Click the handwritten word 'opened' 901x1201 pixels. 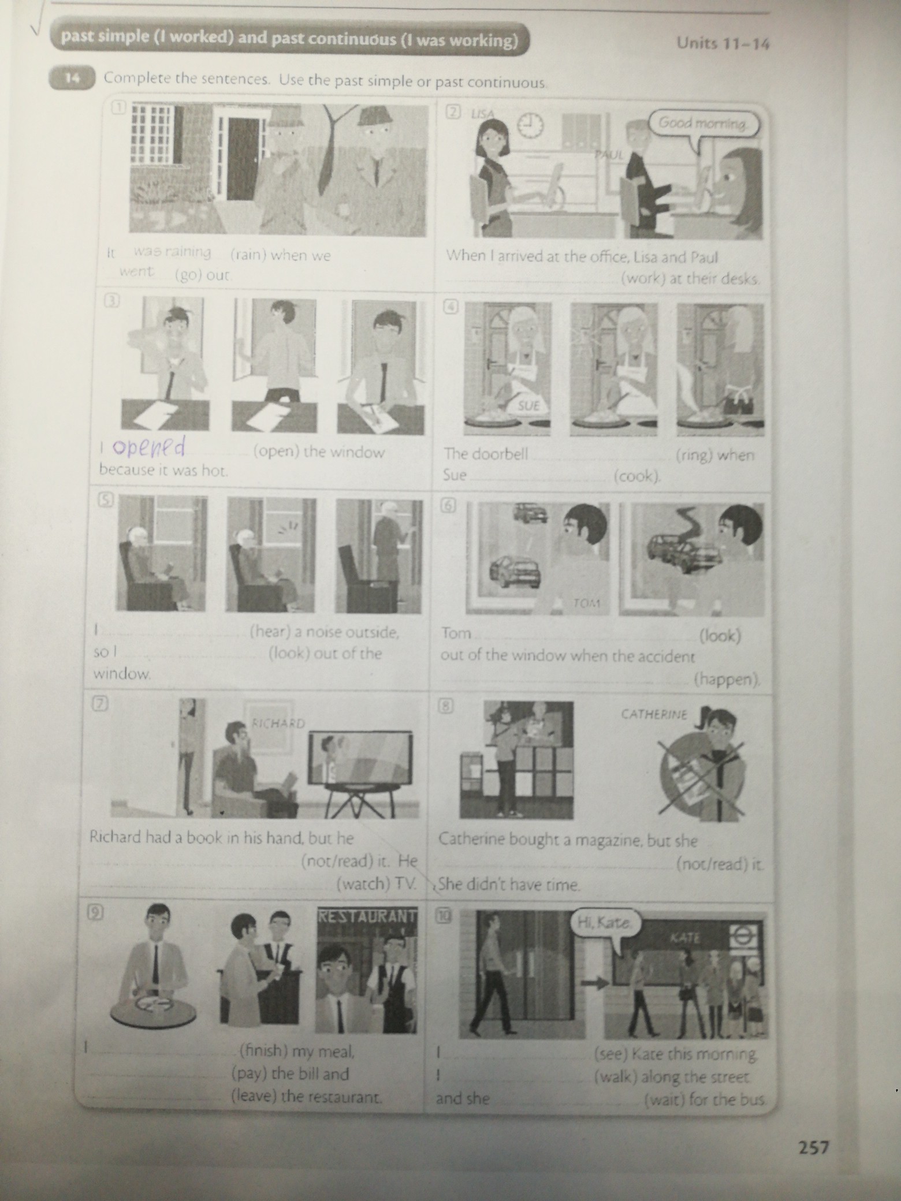coord(148,447)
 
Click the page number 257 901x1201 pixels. coord(813,1147)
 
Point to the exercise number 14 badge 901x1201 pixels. coord(72,79)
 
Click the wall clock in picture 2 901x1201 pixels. coord(530,124)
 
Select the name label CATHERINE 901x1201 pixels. coord(654,714)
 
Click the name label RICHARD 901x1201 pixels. coord(278,723)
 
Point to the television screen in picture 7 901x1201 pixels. coord(361,759)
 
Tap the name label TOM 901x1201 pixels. coord(587,603)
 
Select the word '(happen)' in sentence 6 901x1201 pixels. coord(727,680)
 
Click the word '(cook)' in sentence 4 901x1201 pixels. coord(637,476)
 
